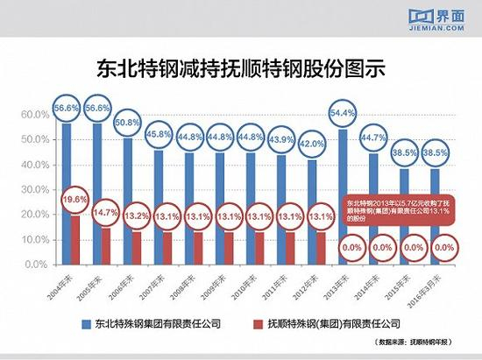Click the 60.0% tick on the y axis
[34, 115]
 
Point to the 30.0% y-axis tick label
[34, 189]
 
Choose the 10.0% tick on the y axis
[34, 239]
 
